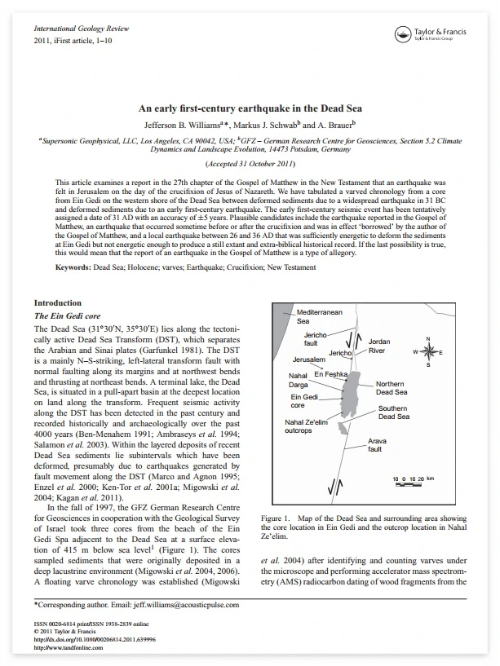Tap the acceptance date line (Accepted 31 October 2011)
tap(250, 165)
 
